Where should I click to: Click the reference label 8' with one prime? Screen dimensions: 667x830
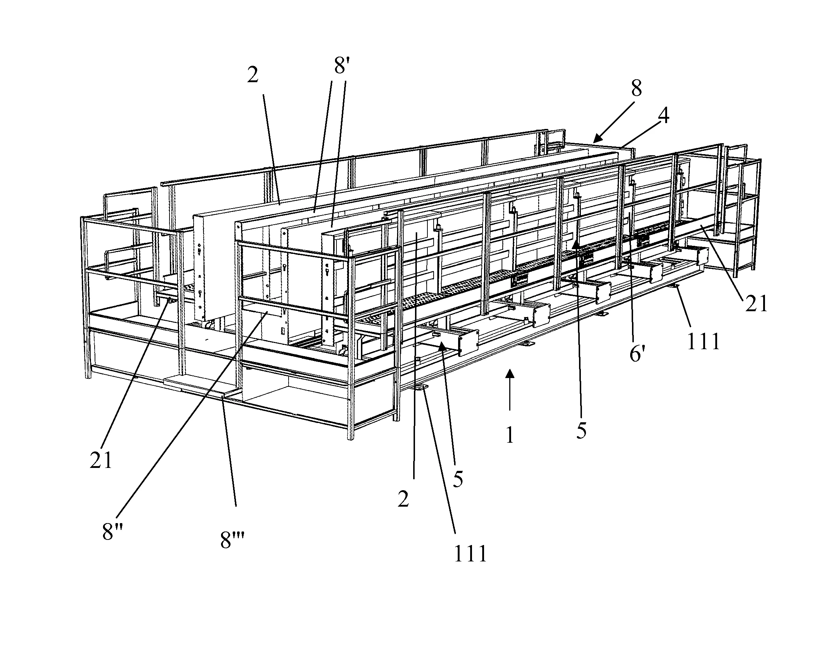point(341,65)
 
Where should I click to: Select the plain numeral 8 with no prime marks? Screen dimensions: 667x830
point(636,89)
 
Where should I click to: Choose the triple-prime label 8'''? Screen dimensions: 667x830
point(232,540)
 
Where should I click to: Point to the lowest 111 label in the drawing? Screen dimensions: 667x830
point(471,554)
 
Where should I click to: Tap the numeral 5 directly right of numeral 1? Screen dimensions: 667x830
point(581,431)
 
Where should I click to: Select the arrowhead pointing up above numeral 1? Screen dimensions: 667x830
point(510,373)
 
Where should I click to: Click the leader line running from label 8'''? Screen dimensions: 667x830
point(229,450)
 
